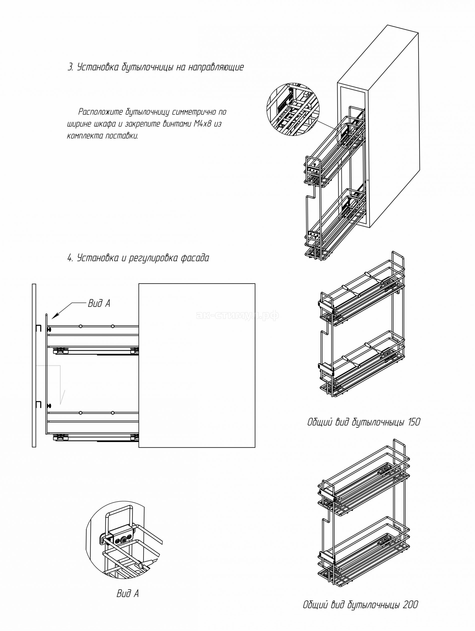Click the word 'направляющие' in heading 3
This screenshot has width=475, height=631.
coord(216,68)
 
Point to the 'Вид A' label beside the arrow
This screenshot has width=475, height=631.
coord(99,304)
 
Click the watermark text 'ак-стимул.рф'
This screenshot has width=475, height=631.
coord(237,315)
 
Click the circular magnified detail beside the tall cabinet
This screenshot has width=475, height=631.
coord(293,109)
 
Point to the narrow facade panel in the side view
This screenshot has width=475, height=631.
coord(34,365)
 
